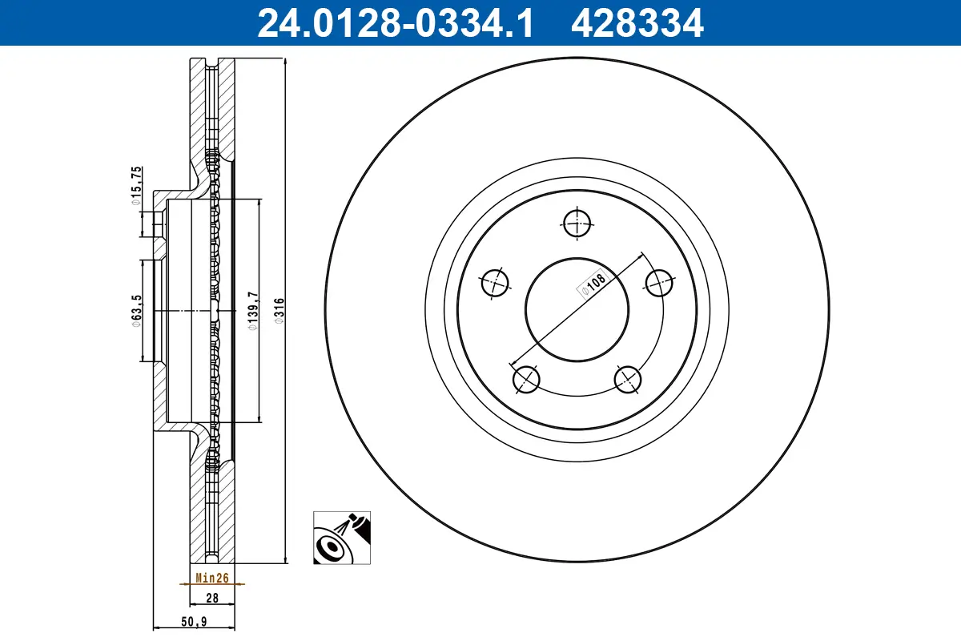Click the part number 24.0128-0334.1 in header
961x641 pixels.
(394, 22)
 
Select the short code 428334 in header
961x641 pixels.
(637, 22)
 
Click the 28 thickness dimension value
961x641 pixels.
(212, 598)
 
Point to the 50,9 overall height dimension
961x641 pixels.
(195, 620)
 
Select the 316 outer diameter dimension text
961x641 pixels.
(279, 309)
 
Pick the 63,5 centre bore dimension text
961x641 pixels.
(137, 309)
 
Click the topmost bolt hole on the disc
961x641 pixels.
(576, 224)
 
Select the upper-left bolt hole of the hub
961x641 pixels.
(495, 282)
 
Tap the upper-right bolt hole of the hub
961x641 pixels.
(658, 282)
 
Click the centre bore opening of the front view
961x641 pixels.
(576, 309)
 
